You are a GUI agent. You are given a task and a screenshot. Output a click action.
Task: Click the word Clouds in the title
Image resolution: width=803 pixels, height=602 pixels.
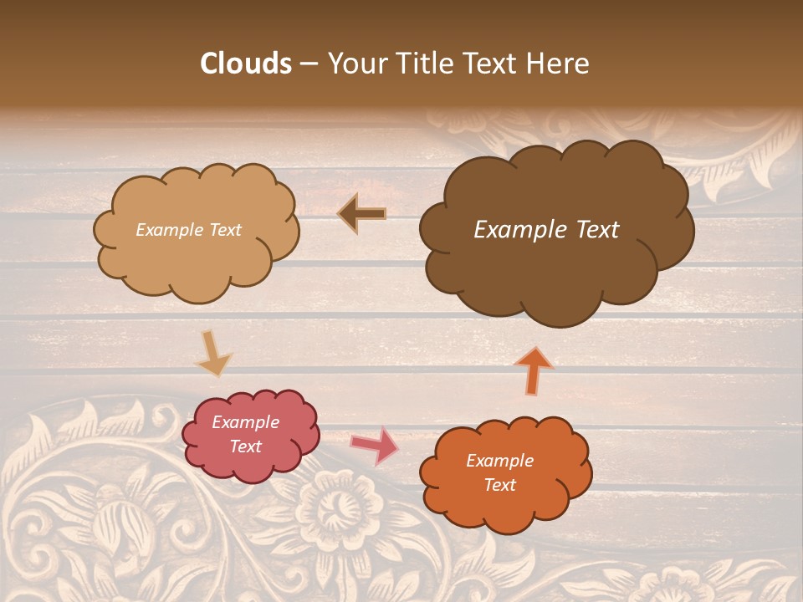click(246, 64)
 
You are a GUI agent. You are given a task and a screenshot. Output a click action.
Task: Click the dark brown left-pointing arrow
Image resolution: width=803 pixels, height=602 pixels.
click(361, 214)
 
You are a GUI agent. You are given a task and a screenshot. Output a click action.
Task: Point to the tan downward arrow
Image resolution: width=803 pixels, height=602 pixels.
click(212, 353)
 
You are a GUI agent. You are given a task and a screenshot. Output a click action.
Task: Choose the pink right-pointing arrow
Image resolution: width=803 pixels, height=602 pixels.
click(374, 445)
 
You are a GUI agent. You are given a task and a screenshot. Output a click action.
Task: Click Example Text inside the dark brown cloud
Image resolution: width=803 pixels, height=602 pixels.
click(546, 230)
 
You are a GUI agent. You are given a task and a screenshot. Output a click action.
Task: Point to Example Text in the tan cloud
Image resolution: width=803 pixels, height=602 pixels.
click(188, 230)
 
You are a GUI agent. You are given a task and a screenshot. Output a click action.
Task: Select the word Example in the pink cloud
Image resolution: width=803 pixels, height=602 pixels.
click(245, 422)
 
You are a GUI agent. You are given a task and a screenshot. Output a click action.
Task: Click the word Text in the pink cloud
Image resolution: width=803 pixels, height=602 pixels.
click(246, 446)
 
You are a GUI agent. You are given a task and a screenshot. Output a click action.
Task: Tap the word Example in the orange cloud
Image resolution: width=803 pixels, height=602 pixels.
click(499, 461)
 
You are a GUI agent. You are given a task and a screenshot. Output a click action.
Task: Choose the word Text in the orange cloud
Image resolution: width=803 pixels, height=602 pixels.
click(500, 485)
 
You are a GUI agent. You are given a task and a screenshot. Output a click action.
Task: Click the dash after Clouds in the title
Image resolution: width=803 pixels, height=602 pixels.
click(308, 64)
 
